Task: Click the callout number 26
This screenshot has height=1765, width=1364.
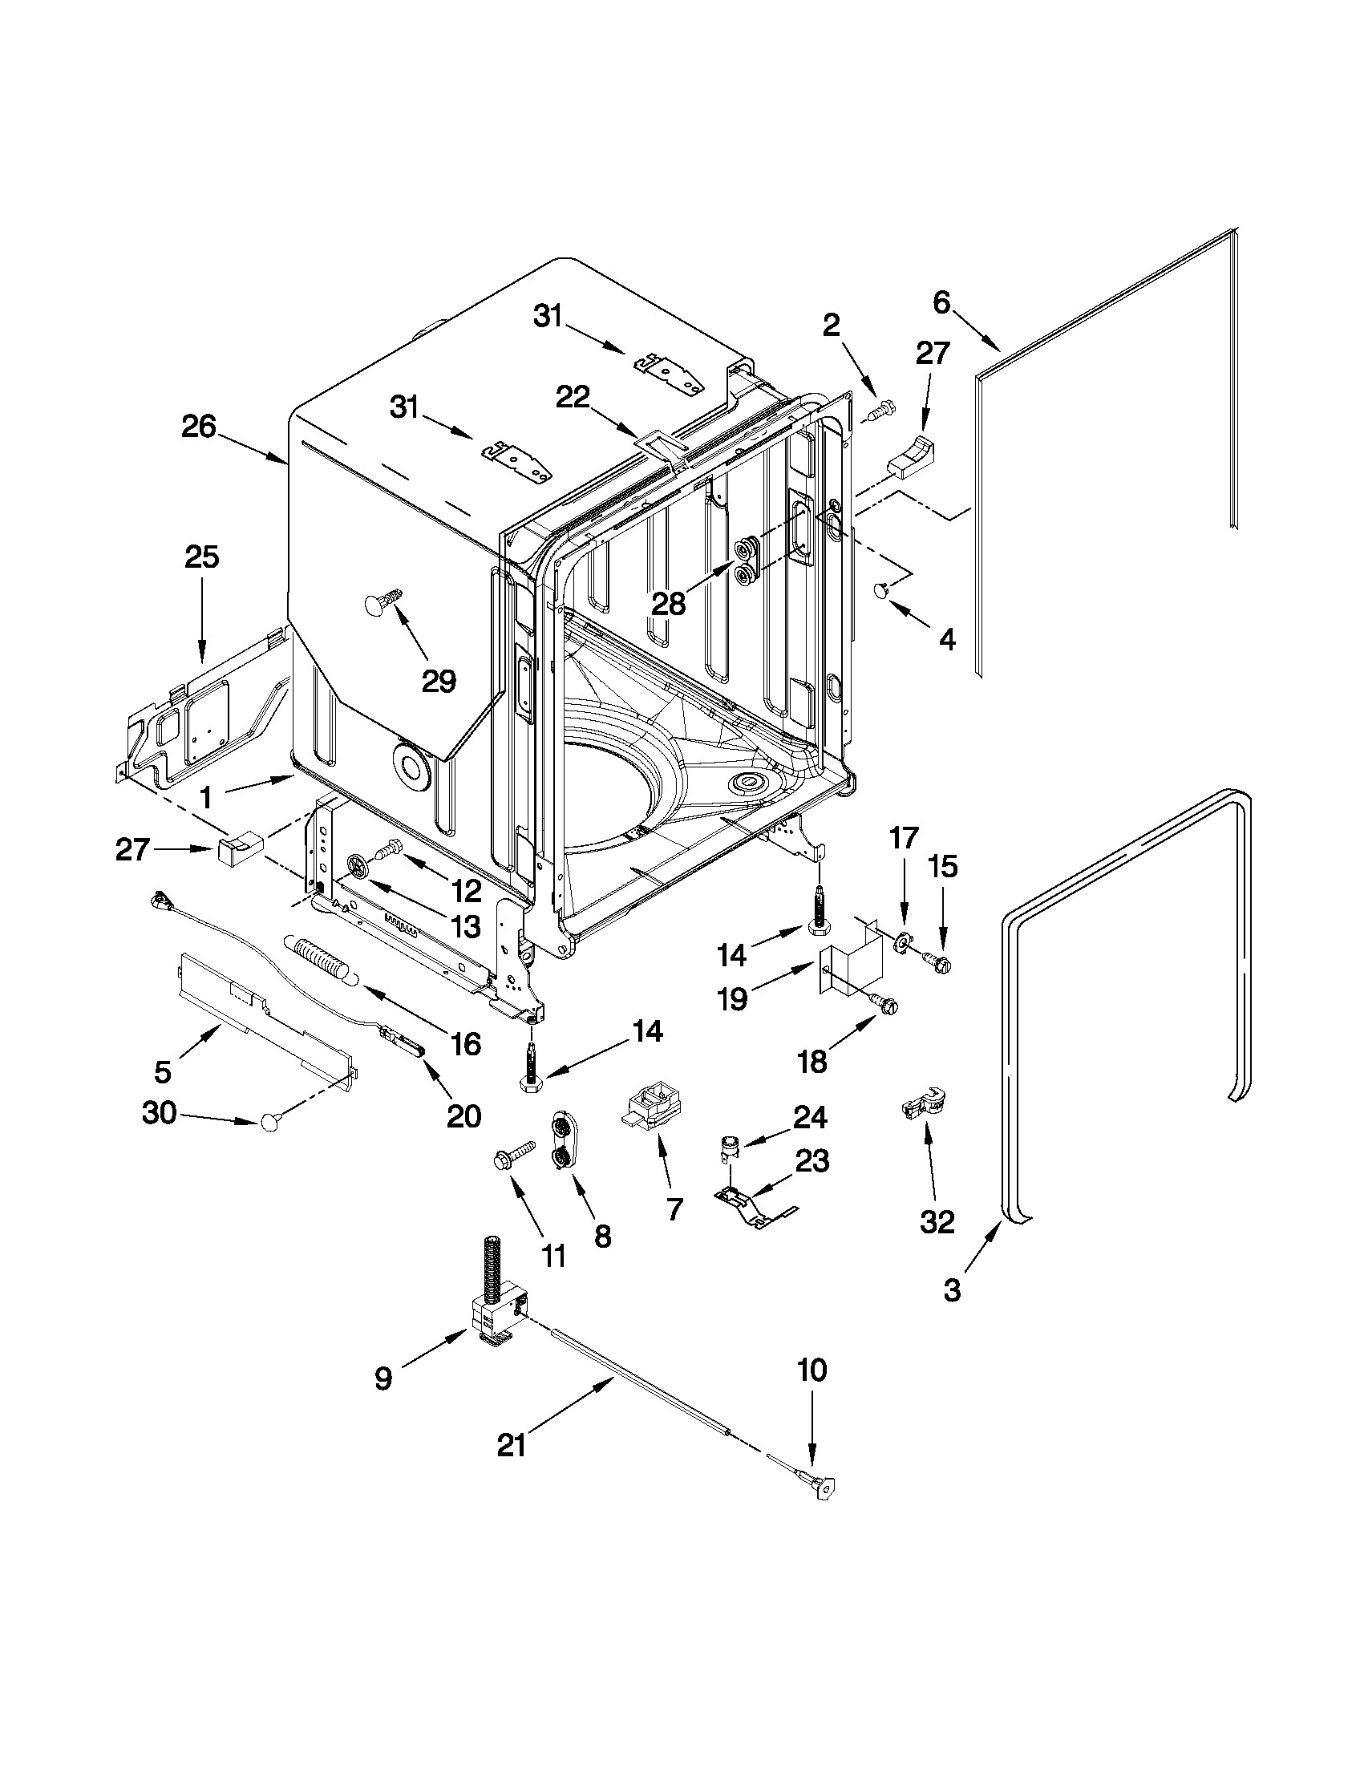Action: coord(199,427)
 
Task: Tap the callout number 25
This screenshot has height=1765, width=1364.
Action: coord(201,557)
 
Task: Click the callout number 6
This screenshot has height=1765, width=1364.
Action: coord(942,303)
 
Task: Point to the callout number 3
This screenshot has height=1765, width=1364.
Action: coord(953,1290)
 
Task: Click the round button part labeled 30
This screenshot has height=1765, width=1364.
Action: coord(269,1122)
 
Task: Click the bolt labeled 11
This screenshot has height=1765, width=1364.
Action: coord(515,1153)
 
